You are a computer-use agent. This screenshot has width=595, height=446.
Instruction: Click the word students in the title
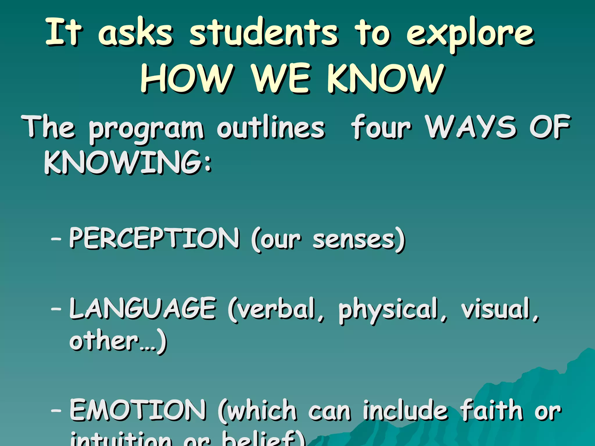[x=264, y=33]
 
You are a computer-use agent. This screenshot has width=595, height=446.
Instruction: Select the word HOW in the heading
[x=187, y=78]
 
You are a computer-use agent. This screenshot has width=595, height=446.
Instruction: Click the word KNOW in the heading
[x=386, y=78]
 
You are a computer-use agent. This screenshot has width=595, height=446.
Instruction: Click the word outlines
[x=271, y=128]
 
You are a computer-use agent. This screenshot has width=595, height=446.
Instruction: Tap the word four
[x=381, y=128]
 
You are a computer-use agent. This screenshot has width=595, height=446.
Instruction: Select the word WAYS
[x=471, y=127]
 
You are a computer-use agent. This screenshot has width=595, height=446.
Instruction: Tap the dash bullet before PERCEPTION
[x=56, y=239]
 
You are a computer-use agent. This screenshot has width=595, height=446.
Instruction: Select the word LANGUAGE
[x=142, y=308]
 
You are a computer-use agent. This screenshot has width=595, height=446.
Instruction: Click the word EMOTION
[x=138, y=410]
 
